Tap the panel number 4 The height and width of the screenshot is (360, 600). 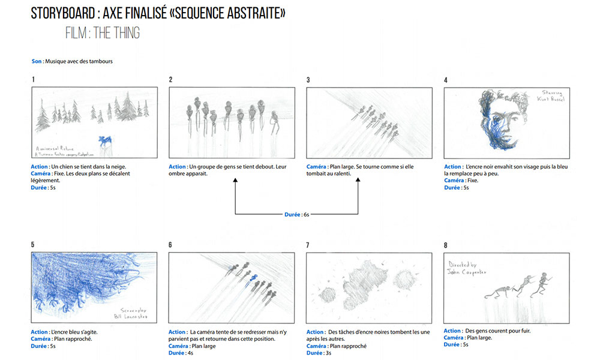coord(446,80)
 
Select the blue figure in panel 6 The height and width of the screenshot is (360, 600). coord(254,277)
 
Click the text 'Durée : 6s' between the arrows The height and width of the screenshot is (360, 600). coord(296,214)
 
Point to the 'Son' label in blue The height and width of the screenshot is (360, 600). coord(37,61)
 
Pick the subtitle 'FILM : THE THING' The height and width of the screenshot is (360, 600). coord(103,34)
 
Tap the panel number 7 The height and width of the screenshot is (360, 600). coord(308,245)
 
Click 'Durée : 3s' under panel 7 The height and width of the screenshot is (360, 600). coord(320,353)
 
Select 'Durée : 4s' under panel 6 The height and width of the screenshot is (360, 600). coord(182,353)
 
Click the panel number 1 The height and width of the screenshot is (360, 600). coord(33,80)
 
